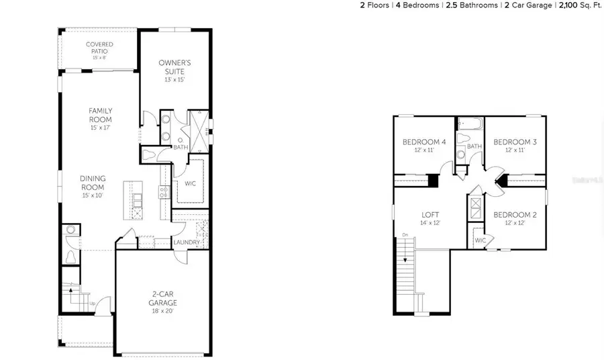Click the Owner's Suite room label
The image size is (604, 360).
tap(171, 66)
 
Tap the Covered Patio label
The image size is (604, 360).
tap(99, 48)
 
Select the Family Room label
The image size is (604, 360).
tap(100, 115)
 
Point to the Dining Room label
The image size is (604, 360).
tap(93, 183)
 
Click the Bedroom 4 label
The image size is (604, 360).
tap(424, 142)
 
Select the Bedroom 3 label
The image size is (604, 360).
tap(515, 142)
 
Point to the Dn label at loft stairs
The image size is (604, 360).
tap(405, 234)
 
